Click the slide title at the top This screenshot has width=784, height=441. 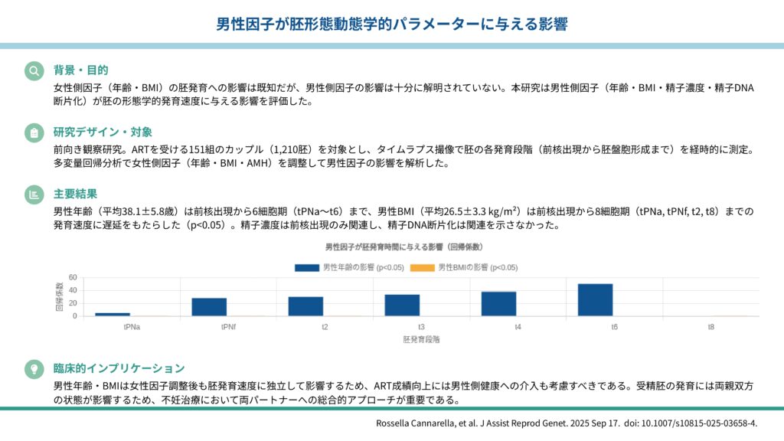click(x=391, y=24)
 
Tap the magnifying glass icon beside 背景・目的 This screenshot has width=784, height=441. click(x=34, y=70)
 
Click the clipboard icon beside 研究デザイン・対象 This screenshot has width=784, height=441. click(x=34, y=132)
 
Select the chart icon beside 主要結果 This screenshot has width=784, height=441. click(x=34, y=194)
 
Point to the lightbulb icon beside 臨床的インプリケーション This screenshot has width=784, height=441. click(x=34, y=368)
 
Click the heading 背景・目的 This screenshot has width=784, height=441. click(x=80, y=70)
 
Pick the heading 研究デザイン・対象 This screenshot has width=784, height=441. click(x=103, y=132)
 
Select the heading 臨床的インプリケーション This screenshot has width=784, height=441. click(x=119, y=368)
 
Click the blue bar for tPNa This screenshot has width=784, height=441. click(x=113, y=314)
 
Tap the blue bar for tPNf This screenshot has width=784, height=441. click(x=209, y=307)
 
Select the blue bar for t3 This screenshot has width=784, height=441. click(x=402, y=305)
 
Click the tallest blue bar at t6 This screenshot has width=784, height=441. click(x=595, y=299)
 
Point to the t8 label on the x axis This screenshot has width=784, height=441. click(x=711, y=326)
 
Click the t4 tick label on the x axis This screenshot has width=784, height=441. click(x=518, y=326)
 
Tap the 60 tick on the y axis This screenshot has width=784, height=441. click(x=73, y=277)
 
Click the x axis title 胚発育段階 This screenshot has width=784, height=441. click(x=421, y=338)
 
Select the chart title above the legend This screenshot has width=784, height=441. click(x=403, y=247)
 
